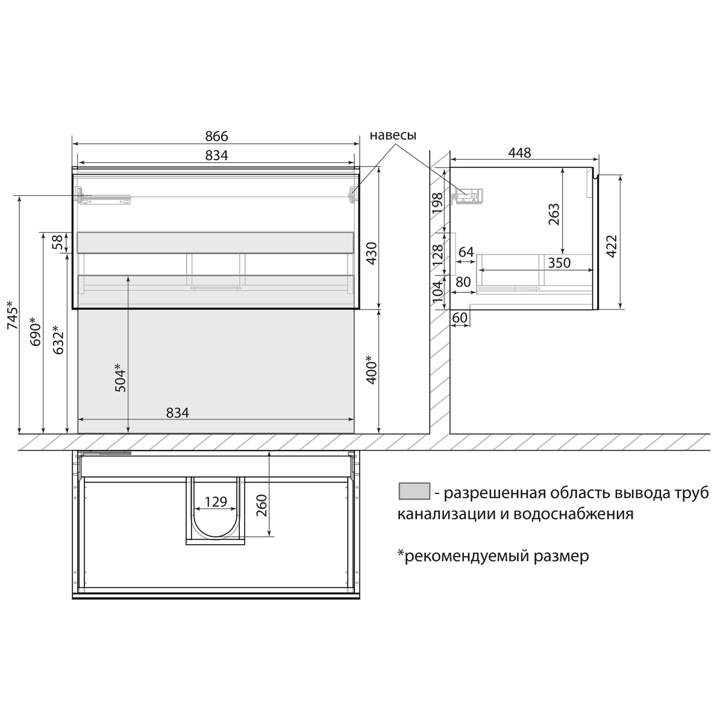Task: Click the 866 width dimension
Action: (216, 136)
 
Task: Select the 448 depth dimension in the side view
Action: (519, 152)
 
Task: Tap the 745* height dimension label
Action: (13, 315)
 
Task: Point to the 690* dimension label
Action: (36, 331)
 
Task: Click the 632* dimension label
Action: (58, 340)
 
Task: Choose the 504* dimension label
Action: (120, 378)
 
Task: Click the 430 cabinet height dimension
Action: (371, 253)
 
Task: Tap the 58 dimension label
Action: (57, 243)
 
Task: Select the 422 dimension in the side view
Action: (612, 246)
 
